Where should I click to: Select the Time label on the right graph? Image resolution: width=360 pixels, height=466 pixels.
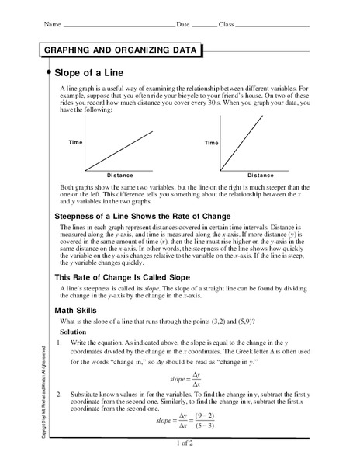211,143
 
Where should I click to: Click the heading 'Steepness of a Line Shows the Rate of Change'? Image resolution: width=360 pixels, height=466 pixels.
143,215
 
